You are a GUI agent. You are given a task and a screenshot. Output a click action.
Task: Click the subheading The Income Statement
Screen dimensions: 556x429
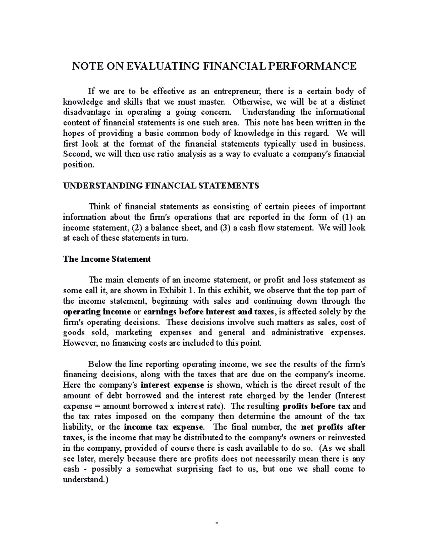(x=107, y=259)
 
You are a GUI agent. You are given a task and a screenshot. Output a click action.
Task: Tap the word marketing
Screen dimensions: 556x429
(x=134, y=332)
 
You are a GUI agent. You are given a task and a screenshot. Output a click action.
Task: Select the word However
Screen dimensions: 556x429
(x=77, y=343)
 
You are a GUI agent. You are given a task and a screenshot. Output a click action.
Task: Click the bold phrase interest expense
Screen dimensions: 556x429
(x=172, y=385)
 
